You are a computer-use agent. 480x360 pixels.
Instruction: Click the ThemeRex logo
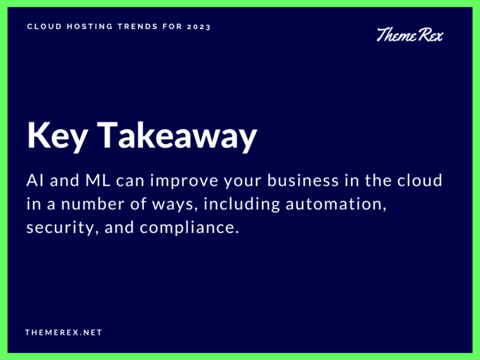[x=410, y=35]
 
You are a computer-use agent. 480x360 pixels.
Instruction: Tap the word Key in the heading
[x=54, y=136]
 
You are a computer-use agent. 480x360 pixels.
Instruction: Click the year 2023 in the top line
[x=200, y=27]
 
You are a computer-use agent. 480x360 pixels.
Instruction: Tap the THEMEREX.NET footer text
[x=63, y=332]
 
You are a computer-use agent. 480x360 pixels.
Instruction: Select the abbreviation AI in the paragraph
[x=35, y=181]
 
